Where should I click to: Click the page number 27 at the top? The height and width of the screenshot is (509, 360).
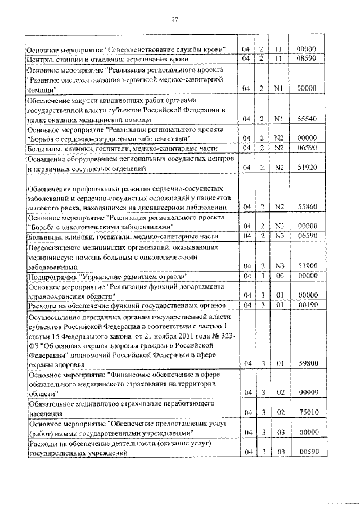(174, 20)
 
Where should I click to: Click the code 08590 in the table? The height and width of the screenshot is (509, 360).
(307, 58)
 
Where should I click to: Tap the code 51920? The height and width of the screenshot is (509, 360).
(307, 168)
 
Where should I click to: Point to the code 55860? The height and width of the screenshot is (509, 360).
(307, 208)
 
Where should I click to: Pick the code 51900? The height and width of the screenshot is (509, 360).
(307, 265)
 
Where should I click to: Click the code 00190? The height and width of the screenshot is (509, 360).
(307, 305)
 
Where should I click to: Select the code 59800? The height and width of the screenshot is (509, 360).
(307, 364)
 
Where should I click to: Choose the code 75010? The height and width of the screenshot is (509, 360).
(307, 412)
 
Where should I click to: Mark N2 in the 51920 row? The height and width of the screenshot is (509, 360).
(278, 168)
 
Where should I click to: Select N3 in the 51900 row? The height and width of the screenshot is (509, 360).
(278, 265)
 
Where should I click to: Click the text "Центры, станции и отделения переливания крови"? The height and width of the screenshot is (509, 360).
(112, 59)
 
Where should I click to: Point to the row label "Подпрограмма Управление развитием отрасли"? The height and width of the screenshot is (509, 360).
(107, 277)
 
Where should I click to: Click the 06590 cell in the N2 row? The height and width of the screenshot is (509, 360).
(307, 148)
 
